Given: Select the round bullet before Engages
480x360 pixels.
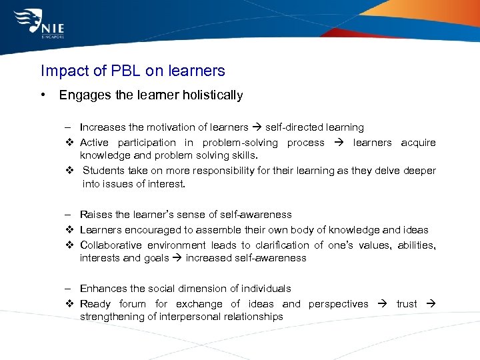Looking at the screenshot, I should click(x=43, y=95).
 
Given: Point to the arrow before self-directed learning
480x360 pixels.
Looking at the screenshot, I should click(x=256, y=127).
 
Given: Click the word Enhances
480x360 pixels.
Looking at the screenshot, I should click(x=101, y=289).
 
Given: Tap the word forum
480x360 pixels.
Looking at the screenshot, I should click(x=132, y=304).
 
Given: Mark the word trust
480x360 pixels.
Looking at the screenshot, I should click(x=407, y=304).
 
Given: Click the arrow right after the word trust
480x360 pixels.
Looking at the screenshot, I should click(x=430, y=304).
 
